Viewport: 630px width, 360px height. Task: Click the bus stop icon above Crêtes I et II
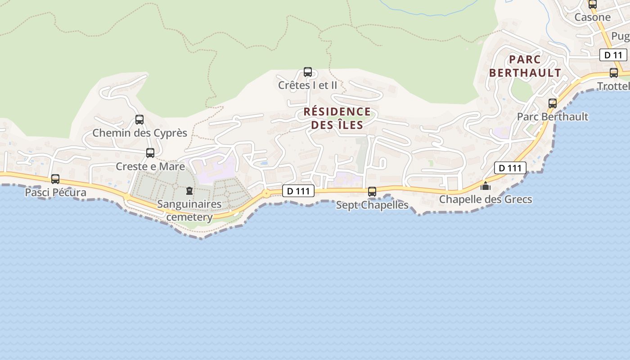point(308,72)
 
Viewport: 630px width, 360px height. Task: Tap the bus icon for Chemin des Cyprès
point(139,120)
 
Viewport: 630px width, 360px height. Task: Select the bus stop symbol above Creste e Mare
point(150,153)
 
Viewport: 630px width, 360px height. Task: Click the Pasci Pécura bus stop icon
point(55,179)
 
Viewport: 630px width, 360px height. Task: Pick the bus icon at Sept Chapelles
point(372,192)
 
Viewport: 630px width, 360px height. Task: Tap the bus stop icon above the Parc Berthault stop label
point(553,103)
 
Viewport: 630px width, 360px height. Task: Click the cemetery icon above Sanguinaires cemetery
point(189,191)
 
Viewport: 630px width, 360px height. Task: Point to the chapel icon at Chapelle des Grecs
point(486,186)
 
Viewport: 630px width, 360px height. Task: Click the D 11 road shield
point(613,55)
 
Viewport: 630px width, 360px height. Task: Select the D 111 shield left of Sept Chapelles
point(298,191)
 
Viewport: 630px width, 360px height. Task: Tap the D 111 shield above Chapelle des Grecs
point(510,168)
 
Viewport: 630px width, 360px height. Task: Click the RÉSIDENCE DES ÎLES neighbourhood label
point(337,118)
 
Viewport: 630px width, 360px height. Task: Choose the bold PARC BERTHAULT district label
point(525,66)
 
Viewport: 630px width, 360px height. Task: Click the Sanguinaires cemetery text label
point(189,211)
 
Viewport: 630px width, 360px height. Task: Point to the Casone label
point(593,18)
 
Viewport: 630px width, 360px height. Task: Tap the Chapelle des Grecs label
point(486,199)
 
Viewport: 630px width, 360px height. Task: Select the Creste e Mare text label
point(150,166)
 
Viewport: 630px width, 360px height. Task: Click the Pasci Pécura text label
point(55,193)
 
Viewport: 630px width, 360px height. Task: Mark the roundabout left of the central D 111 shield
point(266,193)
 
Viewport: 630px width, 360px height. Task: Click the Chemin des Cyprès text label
point(139,133)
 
